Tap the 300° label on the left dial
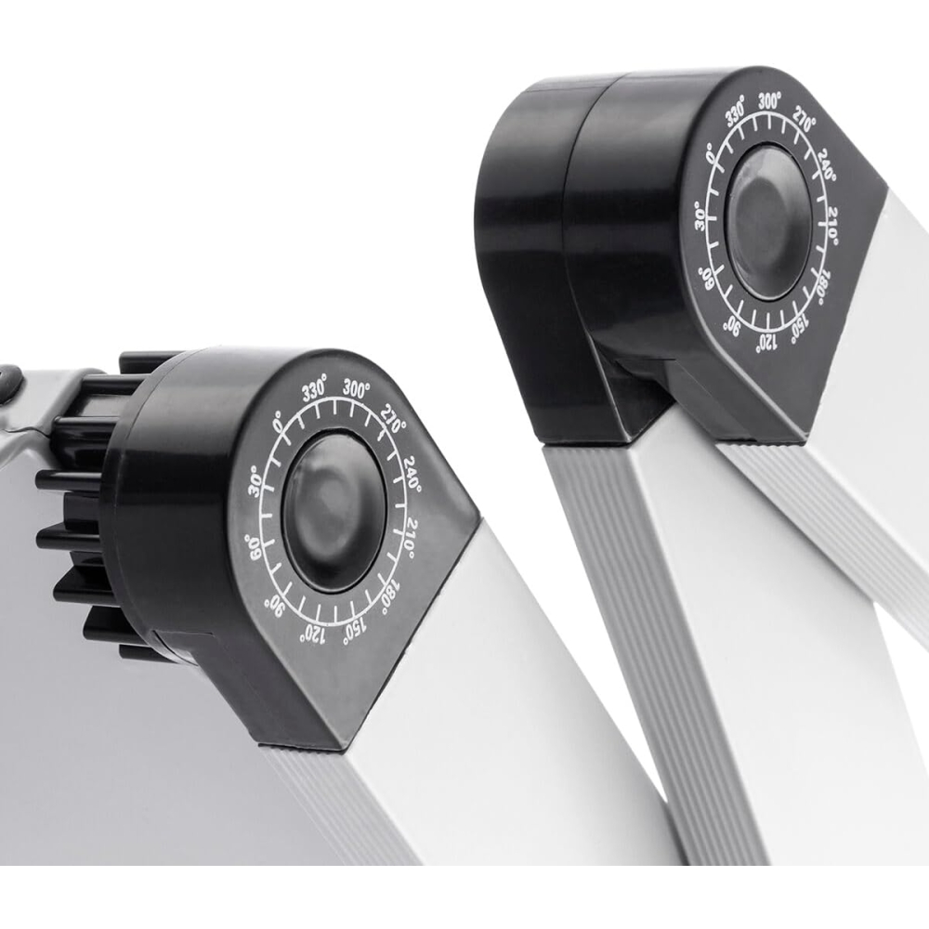click(x=356, y=389)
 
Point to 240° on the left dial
click(x=412, y=474)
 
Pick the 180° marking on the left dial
click(x=391, y=595)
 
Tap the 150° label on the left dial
click(x=354, y=631)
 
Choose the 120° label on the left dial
click(x=313, y=634)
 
